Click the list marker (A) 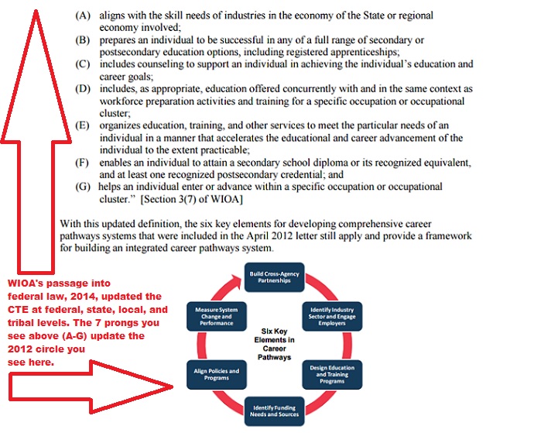tap(81, 15)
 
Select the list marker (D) tap(81, 90)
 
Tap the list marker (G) tap(81, 187)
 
